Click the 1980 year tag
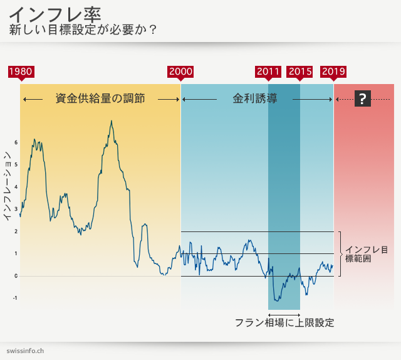tap(21, 71)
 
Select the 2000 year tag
tap(180, 71)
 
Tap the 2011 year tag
tap(268, 71)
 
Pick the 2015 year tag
tap(300, 71)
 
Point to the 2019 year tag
tap(333, 71)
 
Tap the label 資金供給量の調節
tap(100, 99)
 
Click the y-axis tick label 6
tap(16, 143)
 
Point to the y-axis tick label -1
tap(15, 299)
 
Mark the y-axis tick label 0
tap(16, 276)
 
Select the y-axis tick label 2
tap(16, 231)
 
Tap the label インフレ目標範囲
tap(367, 254)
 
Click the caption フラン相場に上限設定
tap(284, 323)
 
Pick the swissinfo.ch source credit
tap(25, 351)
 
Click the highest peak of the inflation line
tap(112, 120)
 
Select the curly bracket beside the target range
tap(339, 253)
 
